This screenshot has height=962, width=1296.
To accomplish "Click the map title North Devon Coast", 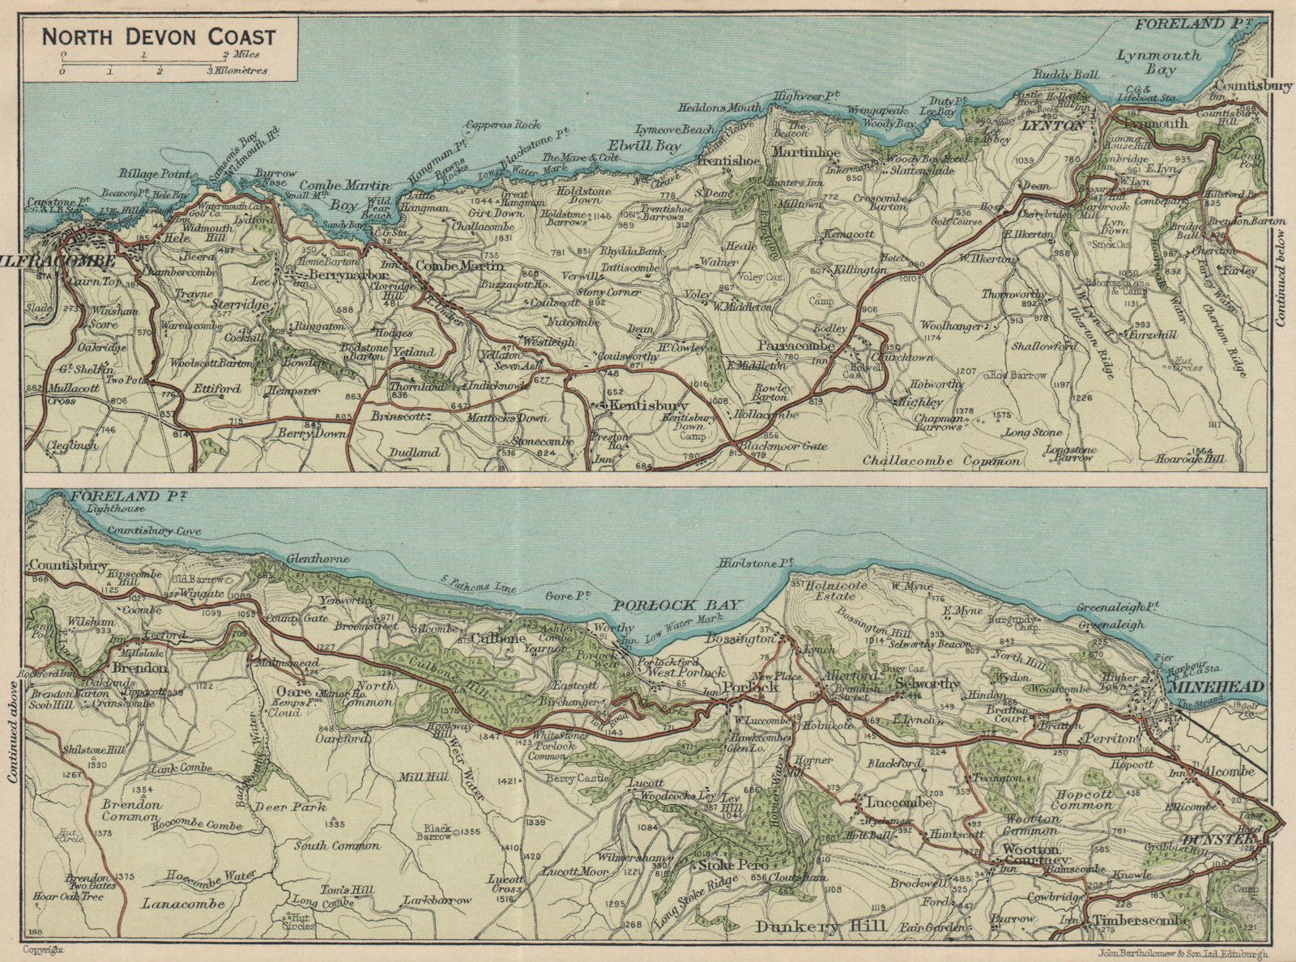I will click(x=159, y=36).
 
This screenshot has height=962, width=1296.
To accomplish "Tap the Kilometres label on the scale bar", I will click(x=241, y=71).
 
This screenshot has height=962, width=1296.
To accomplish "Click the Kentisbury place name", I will click(x=650, y=405).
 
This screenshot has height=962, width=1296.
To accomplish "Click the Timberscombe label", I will click(x=1140, y=921).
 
